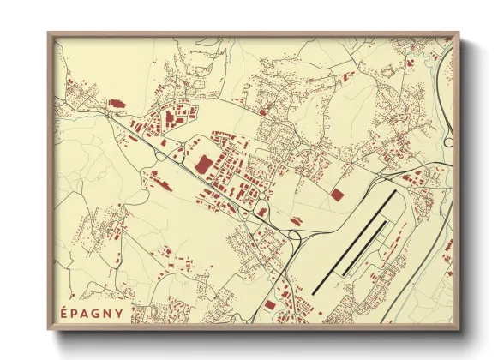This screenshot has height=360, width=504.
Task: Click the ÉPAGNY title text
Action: point(92,313)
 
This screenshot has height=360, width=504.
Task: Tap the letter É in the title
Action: point(64,313)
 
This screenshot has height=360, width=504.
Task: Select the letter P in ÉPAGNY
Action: point(75,313)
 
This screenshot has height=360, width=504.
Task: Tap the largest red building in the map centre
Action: point(204,165)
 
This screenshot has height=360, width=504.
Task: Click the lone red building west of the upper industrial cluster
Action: point(115,103)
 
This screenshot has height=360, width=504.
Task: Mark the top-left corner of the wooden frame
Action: point(49,34)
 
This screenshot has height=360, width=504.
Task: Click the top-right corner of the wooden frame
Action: point(459,34)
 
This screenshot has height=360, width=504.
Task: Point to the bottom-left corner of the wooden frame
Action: point(49,330)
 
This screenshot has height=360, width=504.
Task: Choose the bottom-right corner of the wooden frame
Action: point(459,330)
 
